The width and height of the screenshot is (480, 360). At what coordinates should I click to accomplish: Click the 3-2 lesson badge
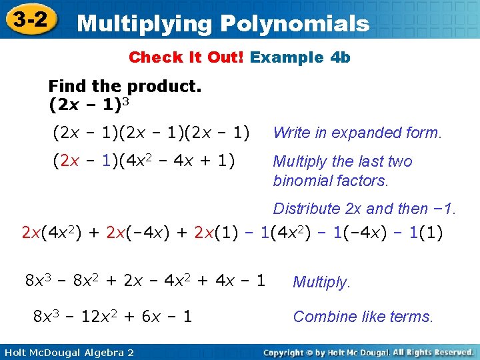point(29,20)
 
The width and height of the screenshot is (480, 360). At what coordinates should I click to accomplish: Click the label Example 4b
point(300,57)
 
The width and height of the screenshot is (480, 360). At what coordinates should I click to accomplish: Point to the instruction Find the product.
point(125,87)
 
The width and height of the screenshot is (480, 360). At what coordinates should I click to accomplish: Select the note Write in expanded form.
point(357,133)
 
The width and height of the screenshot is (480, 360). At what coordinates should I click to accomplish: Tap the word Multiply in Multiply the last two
point(297,161)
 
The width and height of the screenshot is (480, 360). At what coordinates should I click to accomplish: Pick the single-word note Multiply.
point(321,283)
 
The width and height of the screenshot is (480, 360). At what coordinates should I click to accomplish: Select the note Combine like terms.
point(363,317)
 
